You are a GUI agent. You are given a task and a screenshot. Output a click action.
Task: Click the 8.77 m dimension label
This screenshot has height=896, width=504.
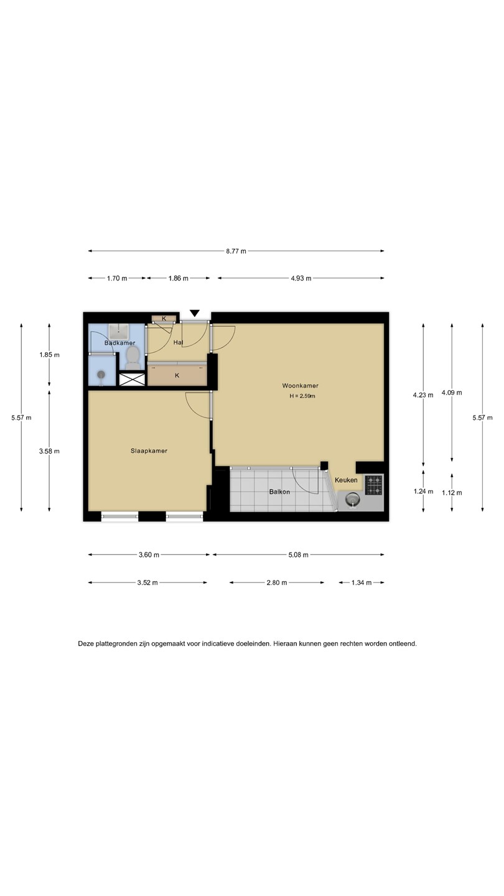tap(236, 251)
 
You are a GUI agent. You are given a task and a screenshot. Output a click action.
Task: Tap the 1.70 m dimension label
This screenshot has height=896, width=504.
tap(117, 278)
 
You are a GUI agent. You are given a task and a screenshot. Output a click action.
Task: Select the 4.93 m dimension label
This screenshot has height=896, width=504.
tap(301, 278)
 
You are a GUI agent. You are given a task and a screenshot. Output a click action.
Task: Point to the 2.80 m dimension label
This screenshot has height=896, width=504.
tap(277, 583)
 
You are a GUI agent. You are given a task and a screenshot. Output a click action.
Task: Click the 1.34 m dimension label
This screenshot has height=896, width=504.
tap(362, 583)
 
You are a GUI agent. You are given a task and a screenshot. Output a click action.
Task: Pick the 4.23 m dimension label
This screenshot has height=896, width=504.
tap(423, 395)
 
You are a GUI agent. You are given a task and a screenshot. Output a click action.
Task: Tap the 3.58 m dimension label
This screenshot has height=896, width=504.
tap(49, 451)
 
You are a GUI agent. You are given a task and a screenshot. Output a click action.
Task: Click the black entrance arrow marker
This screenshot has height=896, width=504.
tap(194, 313)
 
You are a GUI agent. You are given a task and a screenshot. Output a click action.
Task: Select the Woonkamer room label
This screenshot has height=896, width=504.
tap(301, 386)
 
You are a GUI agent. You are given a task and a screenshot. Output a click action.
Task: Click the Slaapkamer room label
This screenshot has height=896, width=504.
tap(149, 450)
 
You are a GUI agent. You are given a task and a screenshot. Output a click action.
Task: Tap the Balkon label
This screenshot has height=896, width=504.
tap(279, 492)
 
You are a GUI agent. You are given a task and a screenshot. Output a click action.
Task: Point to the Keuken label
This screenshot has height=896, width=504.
tap(346, 480)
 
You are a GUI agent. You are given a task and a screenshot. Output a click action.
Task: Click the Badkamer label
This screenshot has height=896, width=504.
tap(119, 343)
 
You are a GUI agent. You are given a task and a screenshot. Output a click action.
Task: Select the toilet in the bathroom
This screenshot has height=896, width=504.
tap(133, 358)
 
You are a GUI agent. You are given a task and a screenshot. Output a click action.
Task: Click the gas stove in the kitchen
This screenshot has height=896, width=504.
tap(373, 485)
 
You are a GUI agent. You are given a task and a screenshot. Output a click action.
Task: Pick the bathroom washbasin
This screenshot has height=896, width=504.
tap(118, 332)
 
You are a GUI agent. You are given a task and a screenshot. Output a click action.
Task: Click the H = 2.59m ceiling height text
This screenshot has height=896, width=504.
tap(302, 396)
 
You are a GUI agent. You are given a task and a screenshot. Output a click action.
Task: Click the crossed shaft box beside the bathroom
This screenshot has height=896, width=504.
tap(133, 379)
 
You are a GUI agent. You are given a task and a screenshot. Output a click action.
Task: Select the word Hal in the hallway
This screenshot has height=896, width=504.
tap(178, 343)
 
